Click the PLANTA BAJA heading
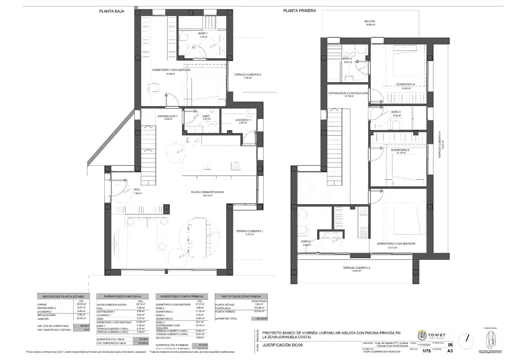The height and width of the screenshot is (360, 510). click(112, 11)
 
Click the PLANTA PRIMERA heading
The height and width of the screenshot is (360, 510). click(299, 11)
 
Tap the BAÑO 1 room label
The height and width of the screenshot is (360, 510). click(203, 33)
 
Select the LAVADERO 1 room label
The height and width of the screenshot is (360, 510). click(243, 120)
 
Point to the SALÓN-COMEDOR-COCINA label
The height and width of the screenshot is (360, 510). click(207, 192)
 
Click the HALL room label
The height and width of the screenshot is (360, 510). click(137, 189)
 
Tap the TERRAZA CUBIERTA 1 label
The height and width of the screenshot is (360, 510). click(249, 231)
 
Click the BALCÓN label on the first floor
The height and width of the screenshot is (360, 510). click(369, 21)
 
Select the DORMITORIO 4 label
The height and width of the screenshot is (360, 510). click(405, 84)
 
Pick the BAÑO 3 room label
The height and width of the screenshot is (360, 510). click(396, 112)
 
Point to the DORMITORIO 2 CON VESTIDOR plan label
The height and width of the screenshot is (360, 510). click(396, 244)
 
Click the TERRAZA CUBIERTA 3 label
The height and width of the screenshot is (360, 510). click(356, 268)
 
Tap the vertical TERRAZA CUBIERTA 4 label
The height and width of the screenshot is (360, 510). click(439, 145)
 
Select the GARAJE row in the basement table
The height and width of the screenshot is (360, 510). click(42, 305)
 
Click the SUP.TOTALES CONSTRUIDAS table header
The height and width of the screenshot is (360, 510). click(241, 296)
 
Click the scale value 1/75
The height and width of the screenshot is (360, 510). click(426, 351)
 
